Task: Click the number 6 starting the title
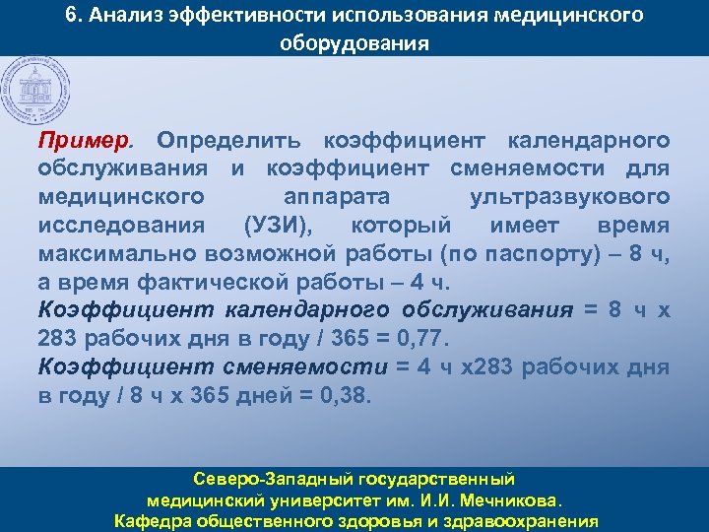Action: tap(70, 17)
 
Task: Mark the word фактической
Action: tap(224, 283)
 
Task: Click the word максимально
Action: tap(111, 254)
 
